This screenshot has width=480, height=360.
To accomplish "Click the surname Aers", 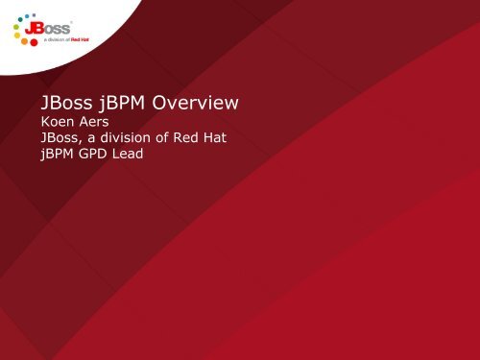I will pos(96,124).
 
